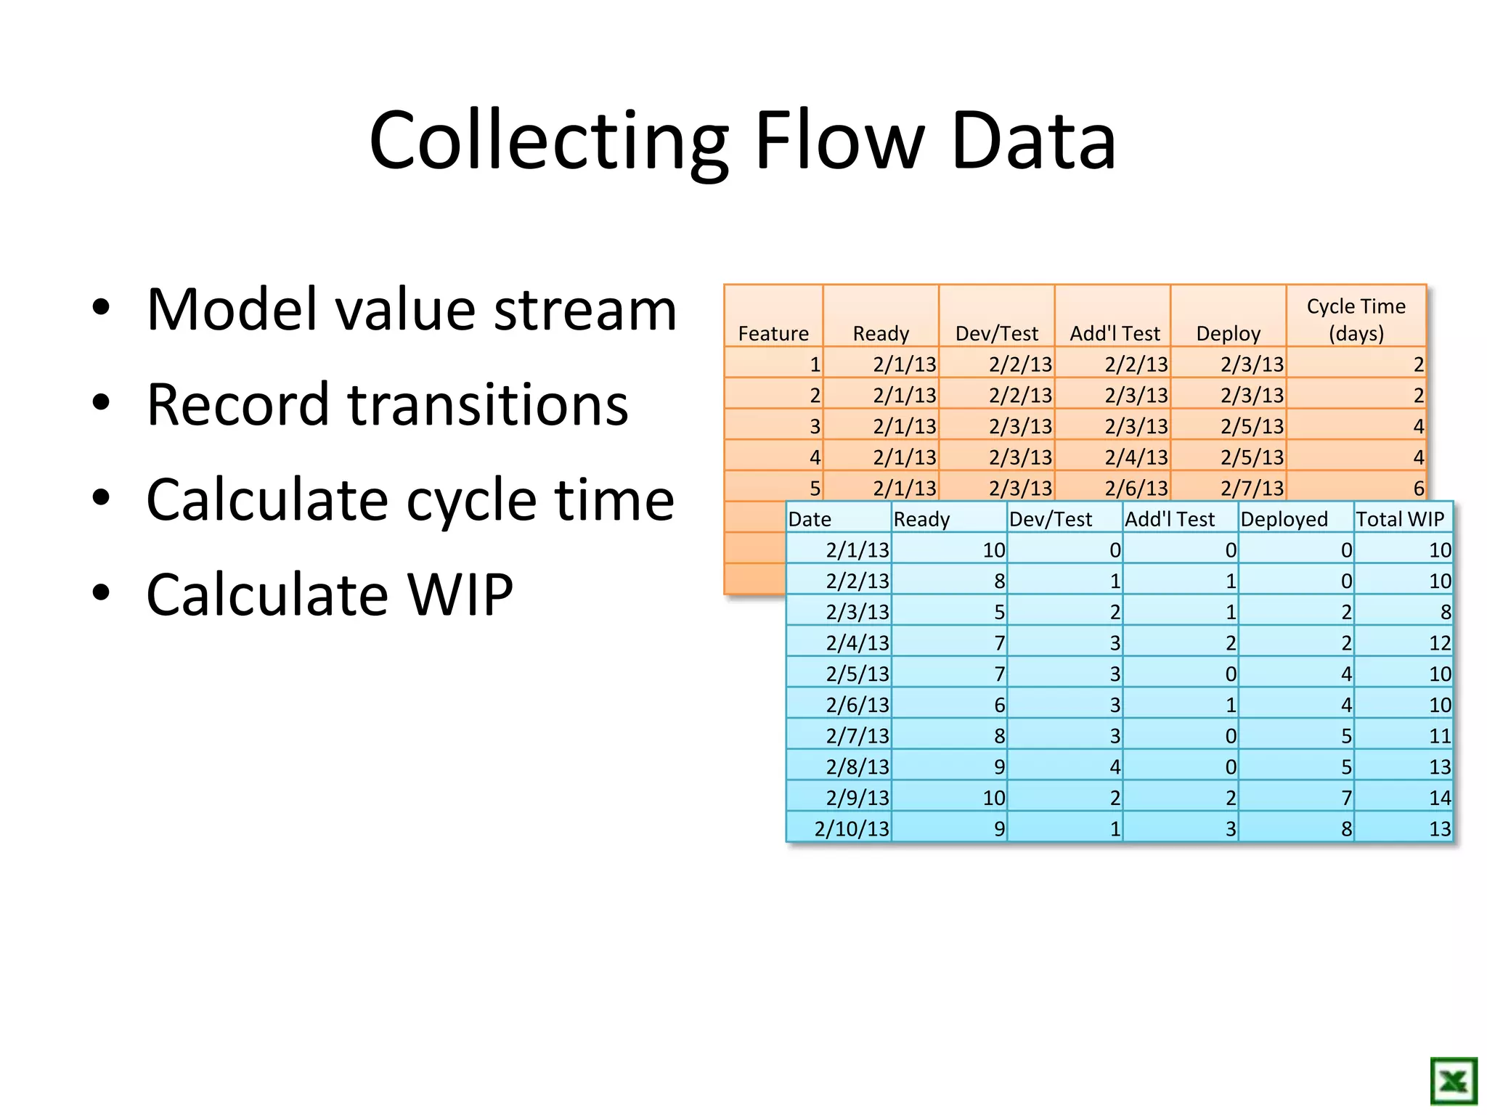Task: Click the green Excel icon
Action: [x=1453, y=1081]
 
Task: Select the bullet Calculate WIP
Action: [x=329, y=595]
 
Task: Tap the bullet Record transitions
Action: [x=386, y=404]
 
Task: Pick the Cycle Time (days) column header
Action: [x=1356, y=319]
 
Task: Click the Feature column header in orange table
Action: [x=773, y=333]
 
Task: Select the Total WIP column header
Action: [x=1400, y=519]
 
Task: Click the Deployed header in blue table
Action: [x=1284, y=519]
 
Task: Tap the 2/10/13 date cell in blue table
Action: [x=851, y=829]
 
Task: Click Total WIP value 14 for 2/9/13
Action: [x=1439, y=798]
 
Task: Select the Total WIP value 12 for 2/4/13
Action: [x=1439, y=643]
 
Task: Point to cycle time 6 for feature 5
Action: [x=1418, y=488]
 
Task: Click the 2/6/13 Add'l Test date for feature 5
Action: [x=1136, y=488]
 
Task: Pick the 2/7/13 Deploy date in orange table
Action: [x=1252, y=488]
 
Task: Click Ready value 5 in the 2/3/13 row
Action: [x=999, y=612]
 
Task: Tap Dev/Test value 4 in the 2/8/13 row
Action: [x=1115, y=767]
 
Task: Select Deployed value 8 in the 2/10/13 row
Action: [x=1346, y=829]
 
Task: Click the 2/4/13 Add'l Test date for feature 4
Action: [x=1136, y=457]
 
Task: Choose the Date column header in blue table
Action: [x=810, y=519]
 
